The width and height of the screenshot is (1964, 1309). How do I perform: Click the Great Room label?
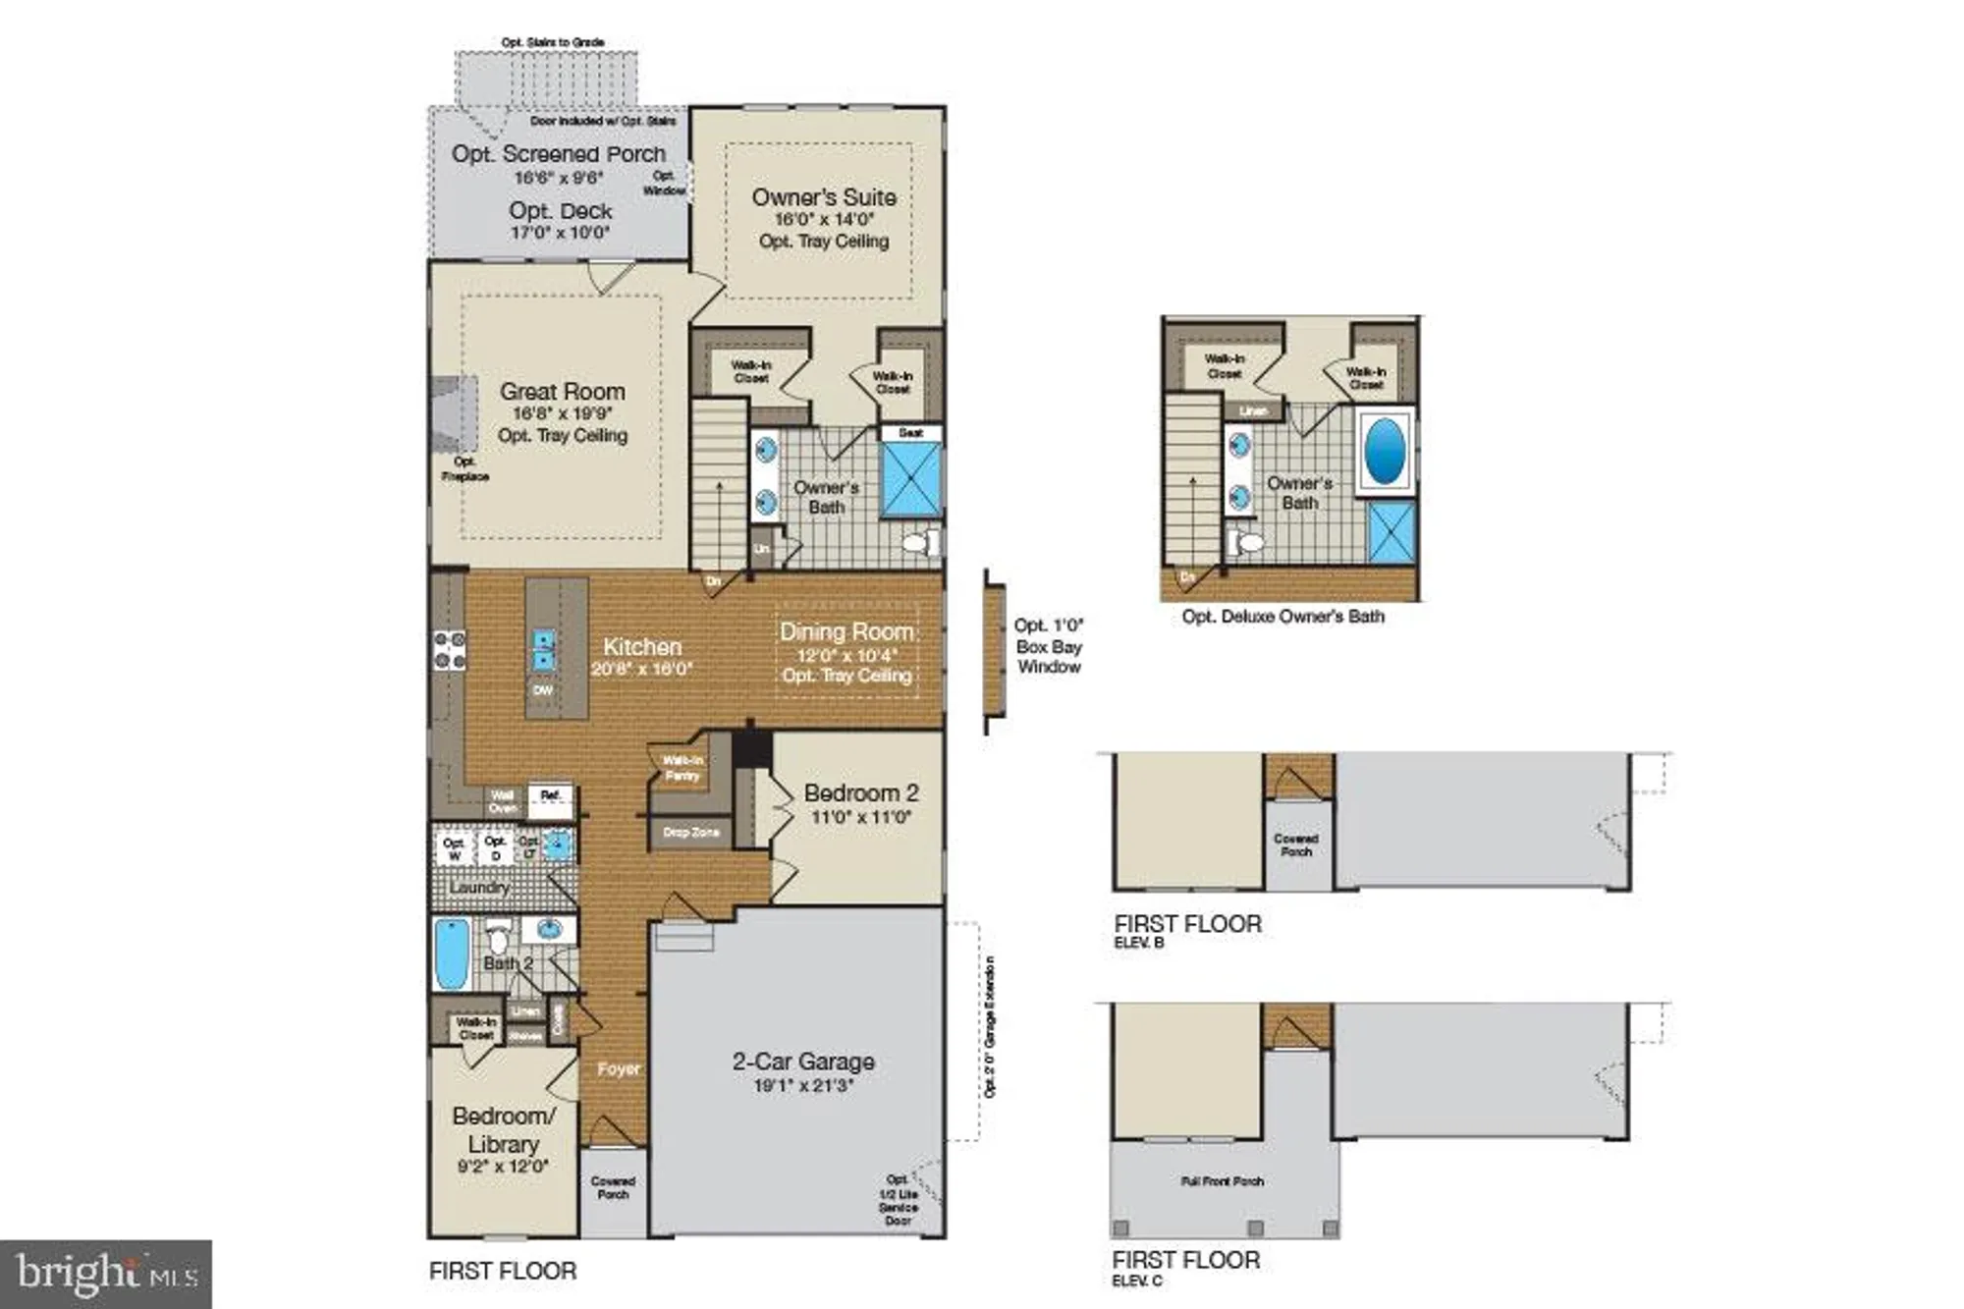pyautogui.click(x=562, y=391)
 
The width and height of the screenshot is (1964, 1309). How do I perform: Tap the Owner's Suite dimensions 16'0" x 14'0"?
pyautogui.click(x=824, y=220)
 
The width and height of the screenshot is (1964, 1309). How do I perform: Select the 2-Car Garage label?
pyautogui.click(x=803, y=1062)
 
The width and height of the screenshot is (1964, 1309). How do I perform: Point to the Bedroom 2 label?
pyautogui.click(x=861, y=792)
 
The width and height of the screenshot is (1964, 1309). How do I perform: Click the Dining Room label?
pyautogui.click(x=846, y=631)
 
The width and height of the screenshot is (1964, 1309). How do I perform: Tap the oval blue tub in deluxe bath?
pyautogui.click(x=1385, y=452)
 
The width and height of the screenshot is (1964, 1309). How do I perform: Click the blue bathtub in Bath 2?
pyautogui.click(x=452, y=954)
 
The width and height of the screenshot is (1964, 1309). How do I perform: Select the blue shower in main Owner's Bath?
pyautogui.click(x=910, y=480)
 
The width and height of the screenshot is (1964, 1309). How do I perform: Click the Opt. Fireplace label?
pyautogui.click(x=465, y=468)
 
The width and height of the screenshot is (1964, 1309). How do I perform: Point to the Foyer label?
pyautogui.click(x=619, y=1068)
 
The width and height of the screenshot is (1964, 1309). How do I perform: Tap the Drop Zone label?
pyautogui.click(x=691, y=832)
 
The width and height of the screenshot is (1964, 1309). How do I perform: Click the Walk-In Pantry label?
pyautogui.click(x=682, y=768)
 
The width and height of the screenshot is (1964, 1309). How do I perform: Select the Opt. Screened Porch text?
pyautogui.click(x=558, y=154)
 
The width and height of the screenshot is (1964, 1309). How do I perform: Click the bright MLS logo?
pyautogui.click(x=106, y=1274)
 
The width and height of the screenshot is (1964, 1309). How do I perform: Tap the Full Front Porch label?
pyautogui.click(x=1222, y=1181)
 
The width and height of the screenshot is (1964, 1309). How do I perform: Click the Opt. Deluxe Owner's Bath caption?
pyautogui.click(x=1282, y=617)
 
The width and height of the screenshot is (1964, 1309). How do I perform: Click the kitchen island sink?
pyautogui.click(x=543, y=650)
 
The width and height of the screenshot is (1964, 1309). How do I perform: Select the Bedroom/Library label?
pyautogui.click(x=504, y=1130)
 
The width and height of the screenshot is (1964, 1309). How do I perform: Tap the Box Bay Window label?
pyautogui.click(x=1049, y=646)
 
